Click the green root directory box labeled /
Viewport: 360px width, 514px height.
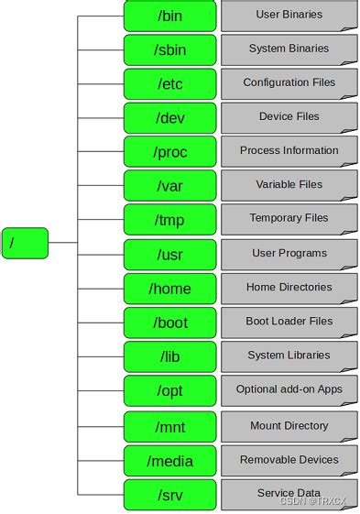pyautogui.click(x=25, y=243)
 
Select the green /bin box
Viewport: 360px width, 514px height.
pyautogui.click(x=170, y=15)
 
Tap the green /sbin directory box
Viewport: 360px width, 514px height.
pyautogui.click(x=170, y=49)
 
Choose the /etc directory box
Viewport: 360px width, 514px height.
pyautogui.click(x=170, y=83)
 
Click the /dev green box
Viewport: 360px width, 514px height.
pyautogui.click(x=170, y=117)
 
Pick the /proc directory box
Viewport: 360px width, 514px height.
pyautogui.click(x=170, y=151)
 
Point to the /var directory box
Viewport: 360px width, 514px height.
pyautogui.click(x=170, y=186)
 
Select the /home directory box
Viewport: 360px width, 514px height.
pyautogui.click(x=170, y=289)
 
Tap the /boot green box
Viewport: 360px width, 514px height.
pyautogui.click(x=170, y=323)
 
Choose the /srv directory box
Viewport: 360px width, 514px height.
pyautogui.click(x=170, y=494)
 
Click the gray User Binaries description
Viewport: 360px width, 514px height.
pyautogui.click(x=289, y=15)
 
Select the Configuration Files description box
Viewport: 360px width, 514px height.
pyautogui.click(x=289, y=82)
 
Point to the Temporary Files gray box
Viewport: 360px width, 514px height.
pyautogui.click(x=289, y=219)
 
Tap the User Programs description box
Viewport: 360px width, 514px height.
pyautogui.click(x=289, y=253)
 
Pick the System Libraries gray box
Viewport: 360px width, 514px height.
pyautogui.click(x=289, y=355)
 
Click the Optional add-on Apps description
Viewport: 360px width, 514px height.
pyautogui.click(x=289, y=389)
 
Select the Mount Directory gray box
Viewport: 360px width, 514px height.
pyautogui.click(x=289, y=426)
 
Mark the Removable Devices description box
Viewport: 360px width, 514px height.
pyautogui.click(x=289, y=460)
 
